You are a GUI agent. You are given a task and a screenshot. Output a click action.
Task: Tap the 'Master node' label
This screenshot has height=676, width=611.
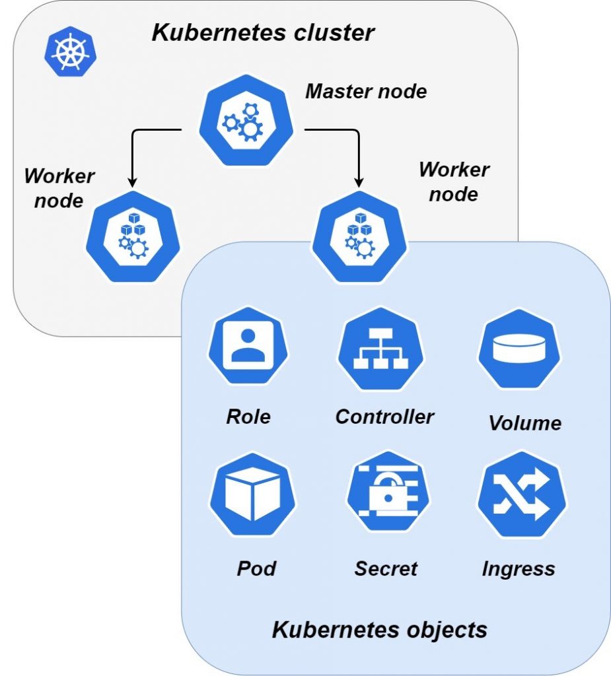point(365,91)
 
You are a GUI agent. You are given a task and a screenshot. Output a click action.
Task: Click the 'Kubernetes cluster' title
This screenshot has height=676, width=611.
point(263,32)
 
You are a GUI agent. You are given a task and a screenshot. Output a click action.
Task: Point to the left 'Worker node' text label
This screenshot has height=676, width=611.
point(59,188)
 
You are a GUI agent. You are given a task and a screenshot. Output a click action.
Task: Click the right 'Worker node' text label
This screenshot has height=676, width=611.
point(454,182)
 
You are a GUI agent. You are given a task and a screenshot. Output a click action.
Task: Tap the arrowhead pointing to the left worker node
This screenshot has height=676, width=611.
point(131,181)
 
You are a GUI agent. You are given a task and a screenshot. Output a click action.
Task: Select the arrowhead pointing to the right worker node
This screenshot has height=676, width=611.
point(359,181)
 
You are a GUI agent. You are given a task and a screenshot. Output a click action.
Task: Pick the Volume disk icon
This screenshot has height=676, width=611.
point(519,347)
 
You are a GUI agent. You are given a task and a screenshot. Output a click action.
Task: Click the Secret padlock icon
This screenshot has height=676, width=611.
point(388,492)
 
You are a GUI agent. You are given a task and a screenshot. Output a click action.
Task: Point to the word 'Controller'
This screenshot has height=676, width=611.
point(384,417)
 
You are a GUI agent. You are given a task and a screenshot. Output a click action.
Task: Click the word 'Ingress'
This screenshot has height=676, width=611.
point(518,568)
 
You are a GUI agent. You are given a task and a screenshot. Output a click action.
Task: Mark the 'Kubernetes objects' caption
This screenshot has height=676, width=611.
point(379,629)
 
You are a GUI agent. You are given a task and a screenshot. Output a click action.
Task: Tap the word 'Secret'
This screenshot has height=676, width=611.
point(386,568)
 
